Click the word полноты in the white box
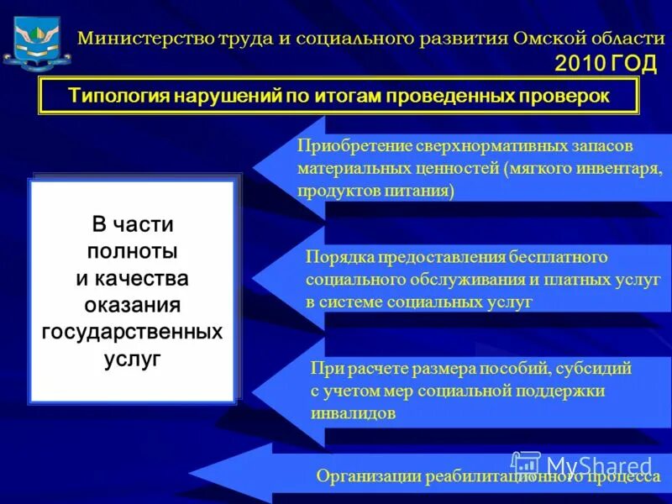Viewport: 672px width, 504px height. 132,251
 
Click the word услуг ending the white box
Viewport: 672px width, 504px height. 132,359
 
